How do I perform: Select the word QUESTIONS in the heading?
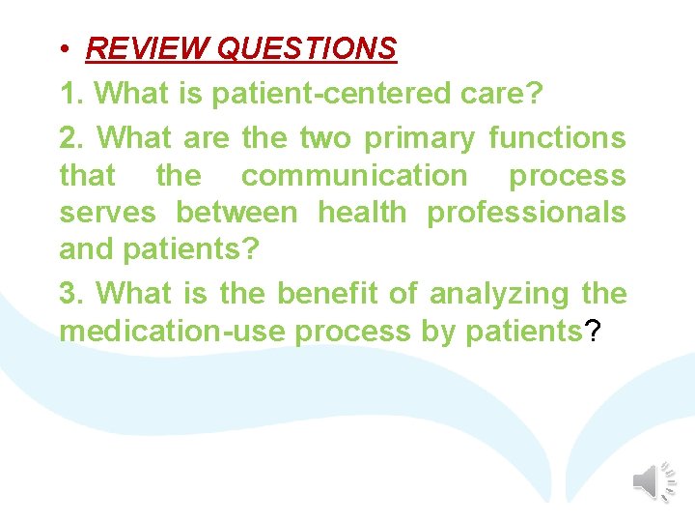(307, 48)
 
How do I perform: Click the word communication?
(353, 177)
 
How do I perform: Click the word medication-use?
(173, 332)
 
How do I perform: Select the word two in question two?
(325, 138)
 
